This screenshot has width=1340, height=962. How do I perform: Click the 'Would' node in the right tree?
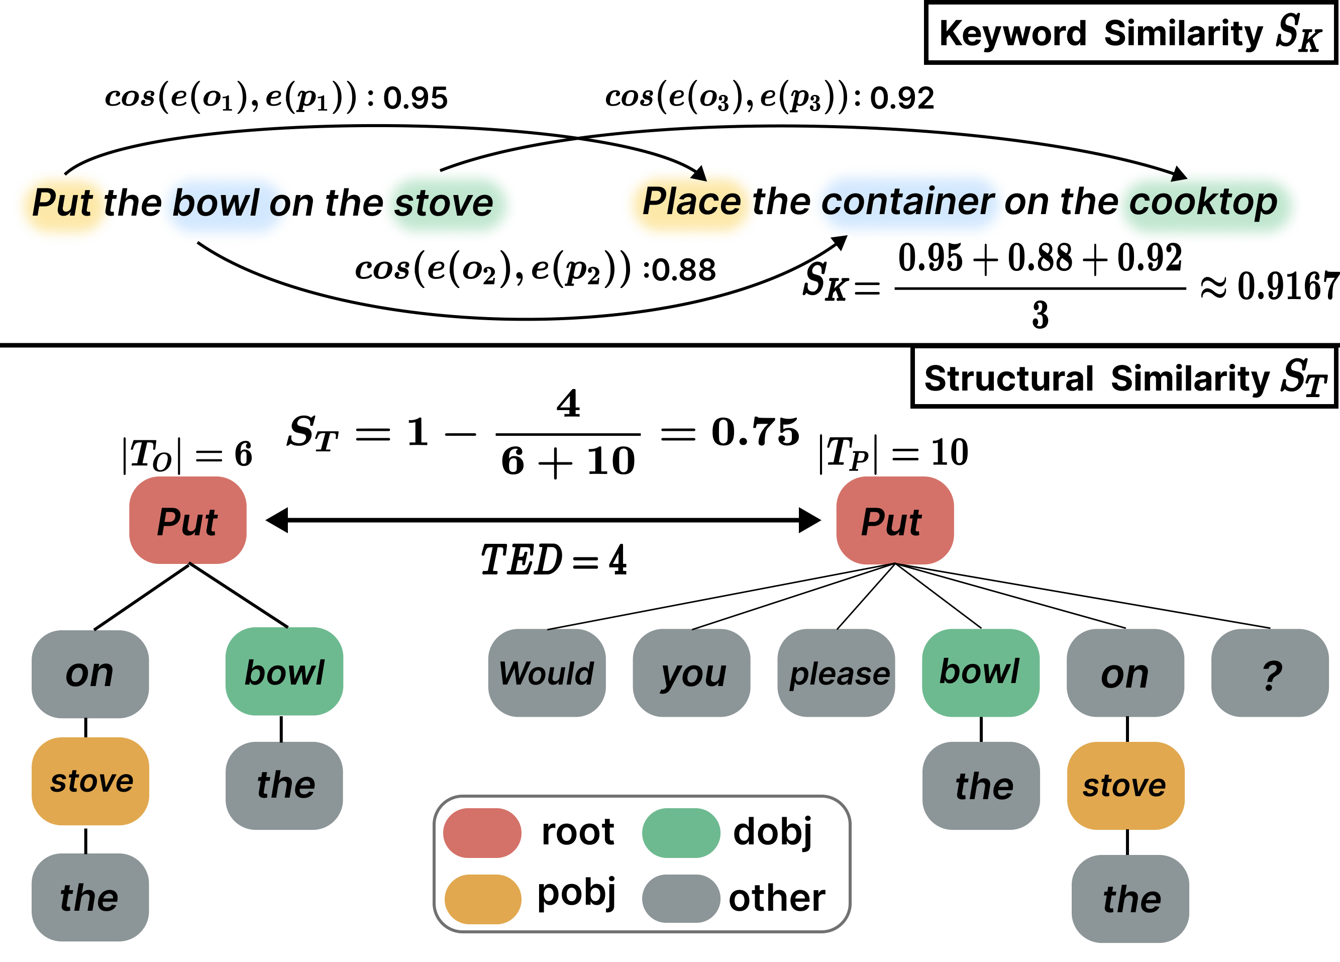pyautogui.click(x=547, y=673)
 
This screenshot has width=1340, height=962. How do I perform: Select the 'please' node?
pyautogui.click(x=836, y=673)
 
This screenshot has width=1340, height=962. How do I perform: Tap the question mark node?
pyautogui.click(x=1270, y=673)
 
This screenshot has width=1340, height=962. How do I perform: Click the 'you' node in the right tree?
pyautogui.click(x=691, y=673)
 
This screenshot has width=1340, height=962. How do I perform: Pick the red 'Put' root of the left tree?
pyautogui.click(x=188, y=521)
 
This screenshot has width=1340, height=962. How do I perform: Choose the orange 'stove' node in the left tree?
pyautogui.click(x=90, y=781)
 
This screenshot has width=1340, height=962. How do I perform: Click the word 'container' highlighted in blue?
pyautogui.click(x=907, y=202)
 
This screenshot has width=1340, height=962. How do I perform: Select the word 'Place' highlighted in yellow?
pyautogui.click(x=691, y=202)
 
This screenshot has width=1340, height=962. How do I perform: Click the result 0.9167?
pyautogui.click(x=1288, y=286)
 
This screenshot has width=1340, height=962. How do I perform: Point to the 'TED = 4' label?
pyautogui.click(x=554, y=559)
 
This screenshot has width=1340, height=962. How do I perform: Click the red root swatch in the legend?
pyautogui.click(x=482, y=833)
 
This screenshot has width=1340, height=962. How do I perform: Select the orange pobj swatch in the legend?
pyautogui.click(x=482, y=899)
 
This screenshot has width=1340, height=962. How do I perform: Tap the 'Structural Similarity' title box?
pyautogui.click(x=1124, y=377)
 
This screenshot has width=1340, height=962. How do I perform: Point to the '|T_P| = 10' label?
pyautogui.click(x=893, y=453)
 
